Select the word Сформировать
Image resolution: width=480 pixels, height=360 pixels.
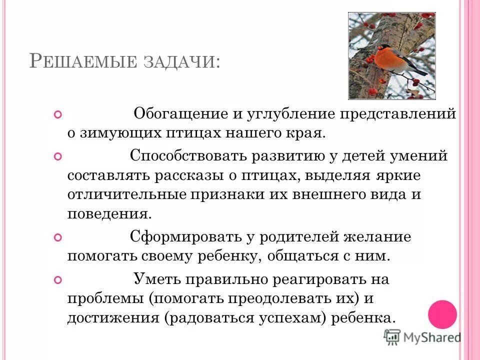[184, 236]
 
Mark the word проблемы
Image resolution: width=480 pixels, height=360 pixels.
[105, 298]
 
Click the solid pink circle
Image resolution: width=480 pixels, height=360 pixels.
[442, 314]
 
